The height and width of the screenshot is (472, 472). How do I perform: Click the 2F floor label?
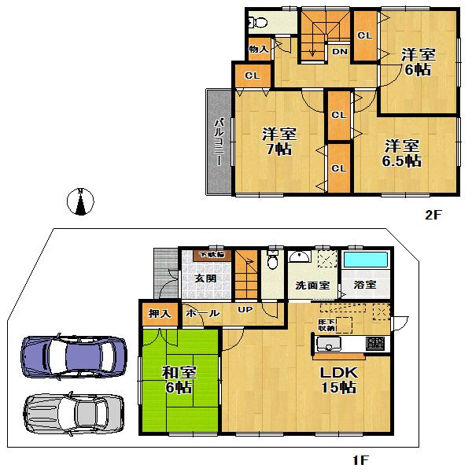pos(435,213)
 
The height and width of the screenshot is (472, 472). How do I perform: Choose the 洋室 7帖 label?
pos(278,142)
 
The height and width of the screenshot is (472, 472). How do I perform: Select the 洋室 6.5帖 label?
pos(402,153)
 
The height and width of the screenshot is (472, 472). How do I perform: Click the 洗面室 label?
pos(312,286)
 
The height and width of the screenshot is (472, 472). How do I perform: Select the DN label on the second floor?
pos(339,52)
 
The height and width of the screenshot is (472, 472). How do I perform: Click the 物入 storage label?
pos(259,50)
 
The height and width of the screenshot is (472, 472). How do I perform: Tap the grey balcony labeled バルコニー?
pos(219,142)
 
